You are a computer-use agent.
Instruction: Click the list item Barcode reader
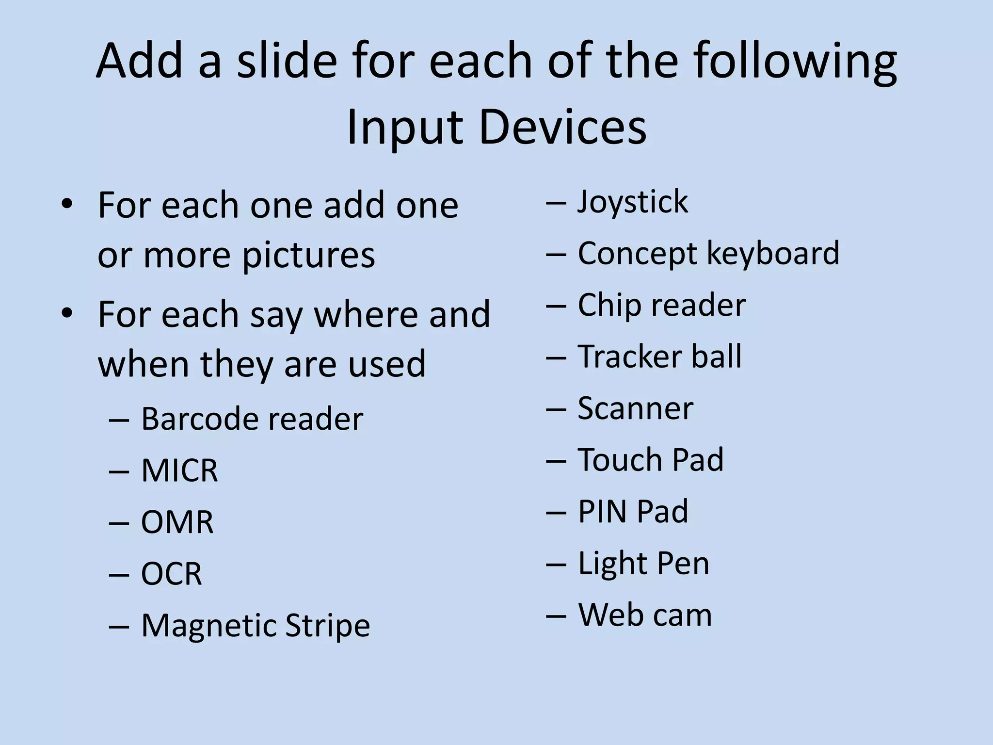(252, 419)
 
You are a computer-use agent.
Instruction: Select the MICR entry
(179, 470)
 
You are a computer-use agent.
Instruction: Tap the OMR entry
(177, 522)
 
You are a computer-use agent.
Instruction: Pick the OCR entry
(171, 574)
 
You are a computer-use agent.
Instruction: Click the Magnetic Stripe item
(255, 626)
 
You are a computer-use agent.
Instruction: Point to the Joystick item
(632, 202)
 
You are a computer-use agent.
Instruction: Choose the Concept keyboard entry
(708, 254)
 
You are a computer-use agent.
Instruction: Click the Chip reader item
(661, 305)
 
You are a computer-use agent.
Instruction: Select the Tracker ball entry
(659, 357)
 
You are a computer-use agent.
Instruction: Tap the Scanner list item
(635, 408)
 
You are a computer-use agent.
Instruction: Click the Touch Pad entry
(650, 460)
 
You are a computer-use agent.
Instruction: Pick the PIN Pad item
(633, 512)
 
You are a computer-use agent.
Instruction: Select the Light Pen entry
(643, 564)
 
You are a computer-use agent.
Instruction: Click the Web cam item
(645, 615)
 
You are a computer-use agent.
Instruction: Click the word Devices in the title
(563, 127)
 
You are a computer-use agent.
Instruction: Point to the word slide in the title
(286, 62)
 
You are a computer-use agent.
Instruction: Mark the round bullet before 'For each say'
(67, 313)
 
